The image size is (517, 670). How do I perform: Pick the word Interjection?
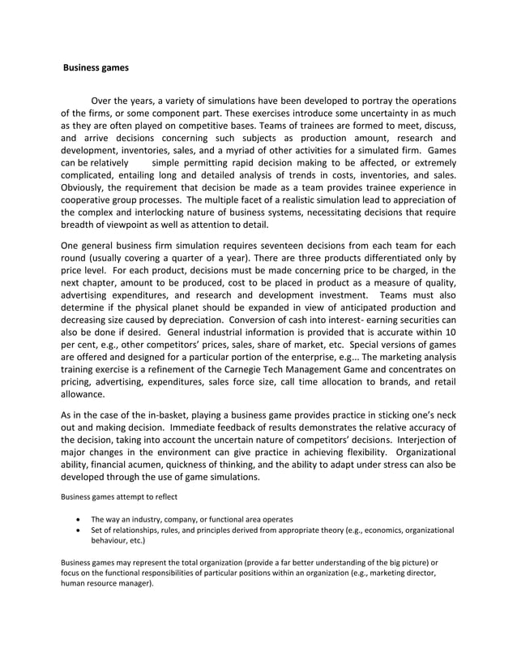410,453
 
